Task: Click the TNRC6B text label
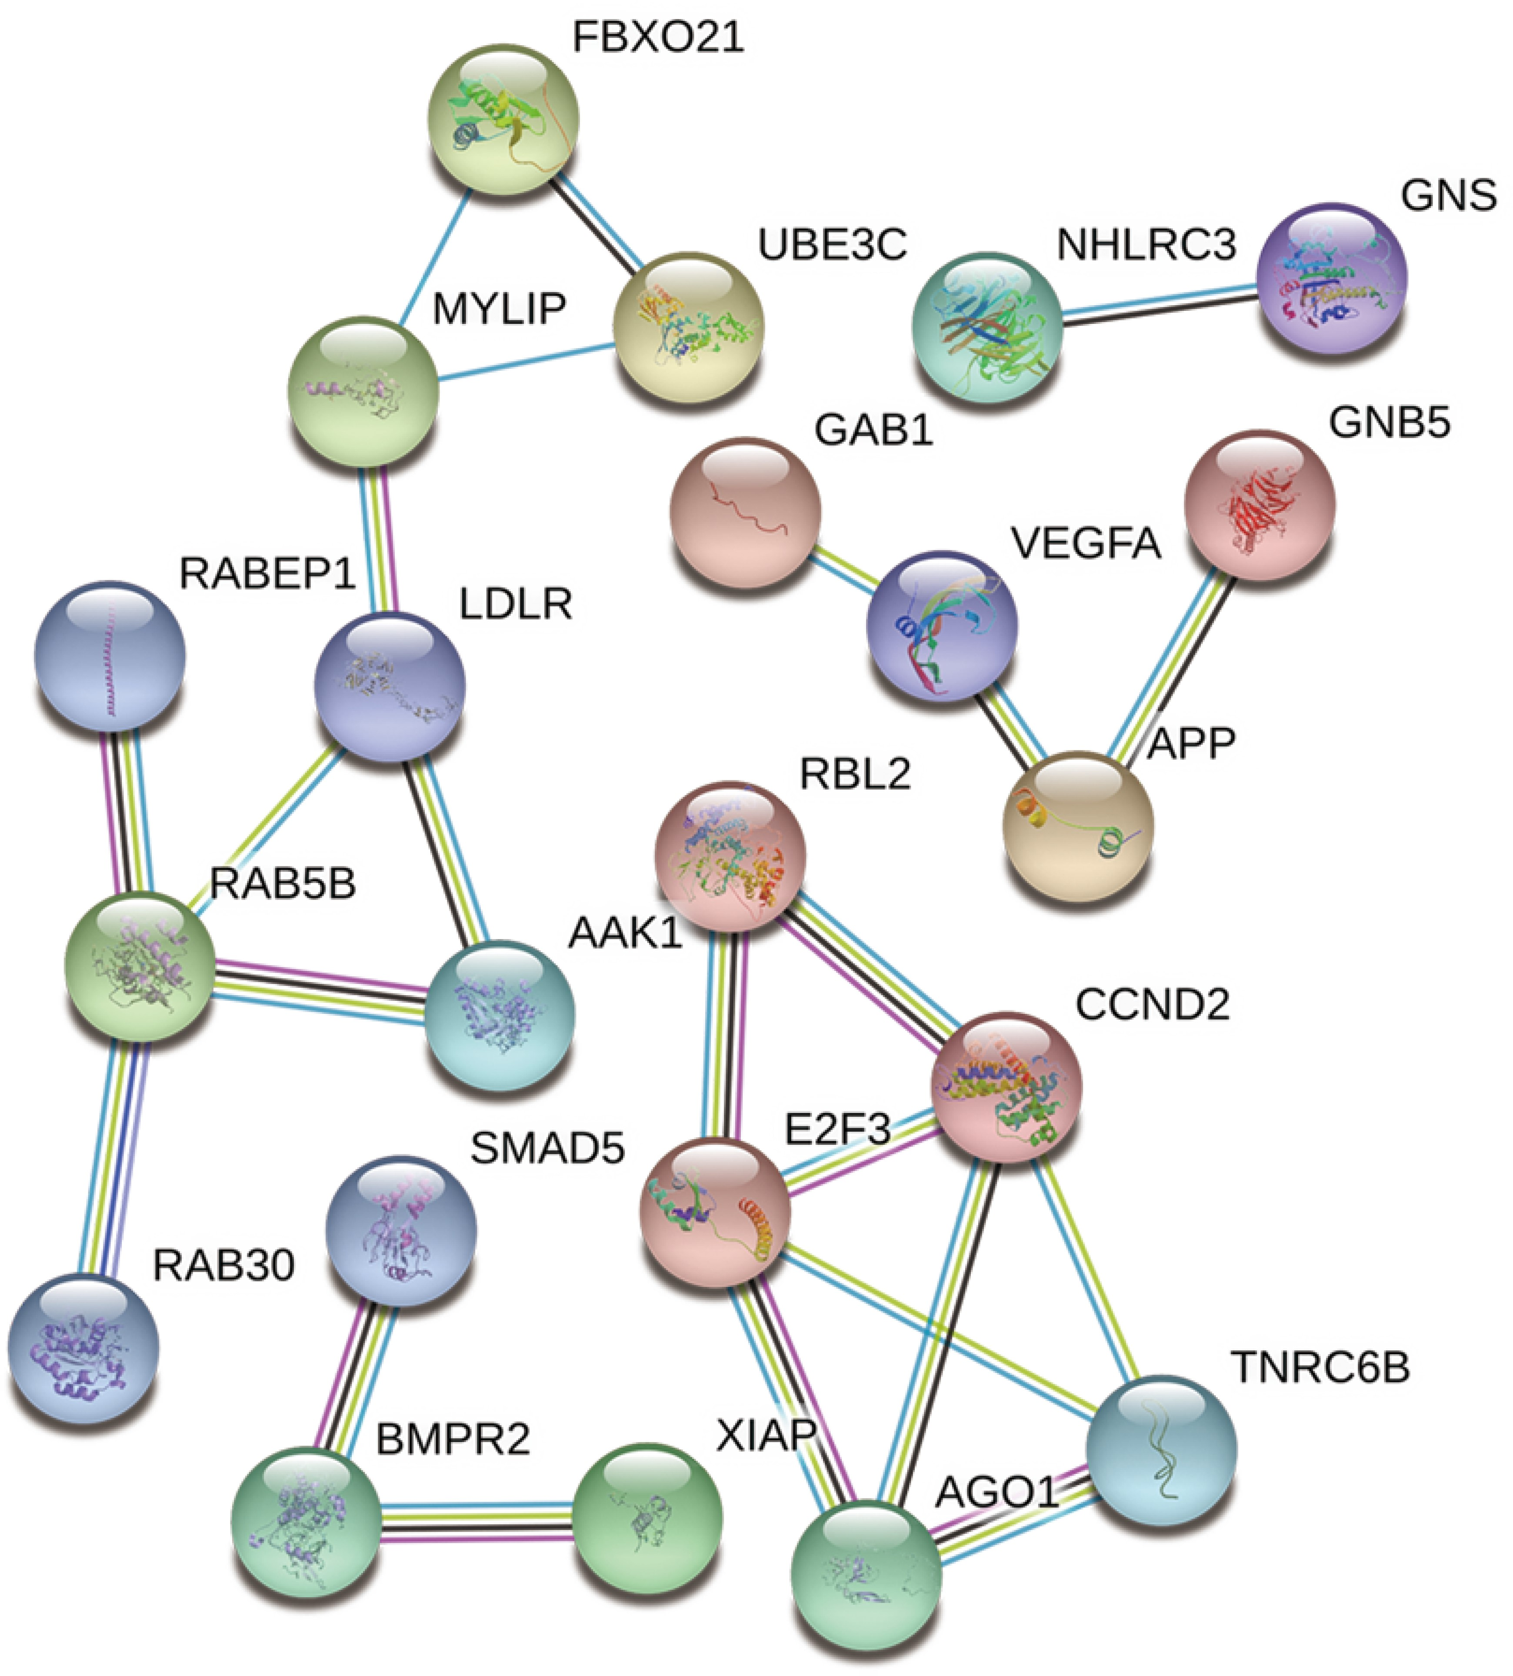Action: tap(1320, 1368)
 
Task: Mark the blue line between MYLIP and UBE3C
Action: tap(525, 363)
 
